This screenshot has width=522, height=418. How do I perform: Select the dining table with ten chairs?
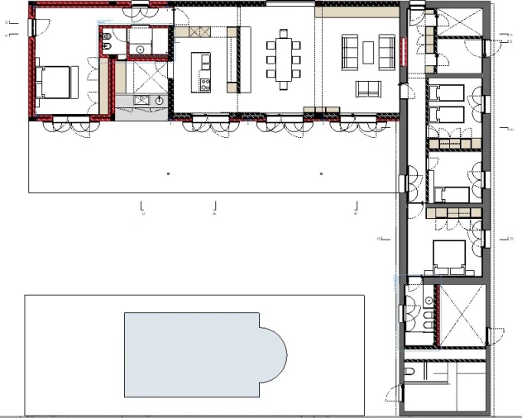(x=284, y=59)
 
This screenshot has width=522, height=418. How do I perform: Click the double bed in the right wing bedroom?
(x=450, y=258)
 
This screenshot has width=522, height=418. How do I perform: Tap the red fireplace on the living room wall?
(x=403, y=53)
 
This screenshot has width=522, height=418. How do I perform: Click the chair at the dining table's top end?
(x=285, y=34)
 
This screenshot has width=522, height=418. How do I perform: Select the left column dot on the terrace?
(x=168, y=174)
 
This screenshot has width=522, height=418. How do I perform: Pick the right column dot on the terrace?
(x=321, y=174)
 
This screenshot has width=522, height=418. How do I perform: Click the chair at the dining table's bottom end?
(x=285, y=84)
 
